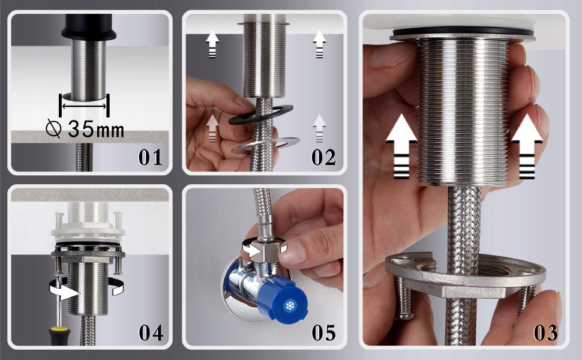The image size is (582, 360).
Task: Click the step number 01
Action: (151, 157)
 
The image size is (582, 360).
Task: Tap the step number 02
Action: (323, 157)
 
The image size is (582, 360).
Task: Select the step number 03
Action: (545, 332)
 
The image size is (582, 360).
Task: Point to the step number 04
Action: (151, 332)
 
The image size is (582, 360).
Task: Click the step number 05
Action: (323, 332)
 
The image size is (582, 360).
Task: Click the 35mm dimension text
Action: (96, 129)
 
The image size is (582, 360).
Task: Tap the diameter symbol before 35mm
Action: (53, 129)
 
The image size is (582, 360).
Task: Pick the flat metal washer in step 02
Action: (265, 146)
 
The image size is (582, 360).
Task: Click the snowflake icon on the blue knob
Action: (289, 306)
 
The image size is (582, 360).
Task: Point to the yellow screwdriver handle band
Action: (59, 329)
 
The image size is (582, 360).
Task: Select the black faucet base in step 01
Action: (89, 27)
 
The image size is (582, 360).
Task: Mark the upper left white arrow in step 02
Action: (212, 44)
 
